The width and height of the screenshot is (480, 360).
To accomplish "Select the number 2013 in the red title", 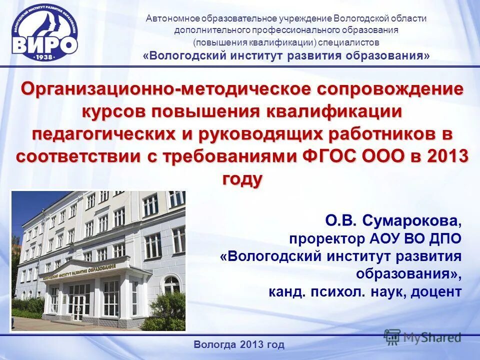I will [x=446, y=156].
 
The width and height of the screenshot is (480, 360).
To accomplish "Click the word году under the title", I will [x=241, y=178].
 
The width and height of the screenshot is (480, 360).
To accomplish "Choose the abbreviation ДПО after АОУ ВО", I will [x=442, y=238].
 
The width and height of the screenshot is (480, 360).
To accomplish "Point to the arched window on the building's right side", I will [x=171, y=285].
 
